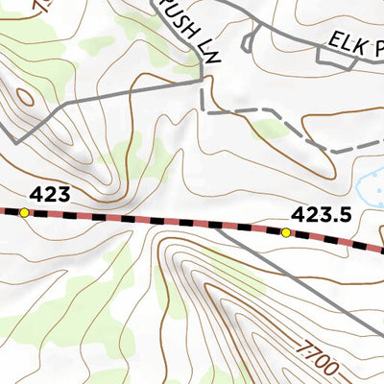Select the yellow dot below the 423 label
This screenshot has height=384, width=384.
click(x=24, y=212)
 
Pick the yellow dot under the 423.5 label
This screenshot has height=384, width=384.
click(x=286, y=232)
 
